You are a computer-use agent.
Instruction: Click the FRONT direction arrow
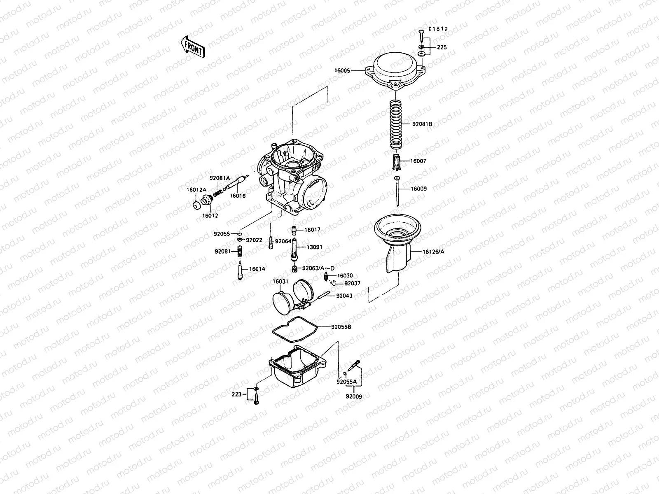coord(192,46)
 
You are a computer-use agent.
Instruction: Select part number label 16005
coord(342,71)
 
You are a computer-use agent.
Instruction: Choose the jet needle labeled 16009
coord(397,191)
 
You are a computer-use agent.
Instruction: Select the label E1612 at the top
coord(438,29)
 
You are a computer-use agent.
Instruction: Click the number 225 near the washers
coord(442,47)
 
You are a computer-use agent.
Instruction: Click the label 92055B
coord(341,327)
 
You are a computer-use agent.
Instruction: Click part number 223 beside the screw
coord(236,394)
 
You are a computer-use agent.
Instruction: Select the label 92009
coord(354,397)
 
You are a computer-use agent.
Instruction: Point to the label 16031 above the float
coord(280,282)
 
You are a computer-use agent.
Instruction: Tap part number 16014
coord(257,269)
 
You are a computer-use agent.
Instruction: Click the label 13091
coord(314,247)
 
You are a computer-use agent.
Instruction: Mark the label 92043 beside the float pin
coord(344,296)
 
